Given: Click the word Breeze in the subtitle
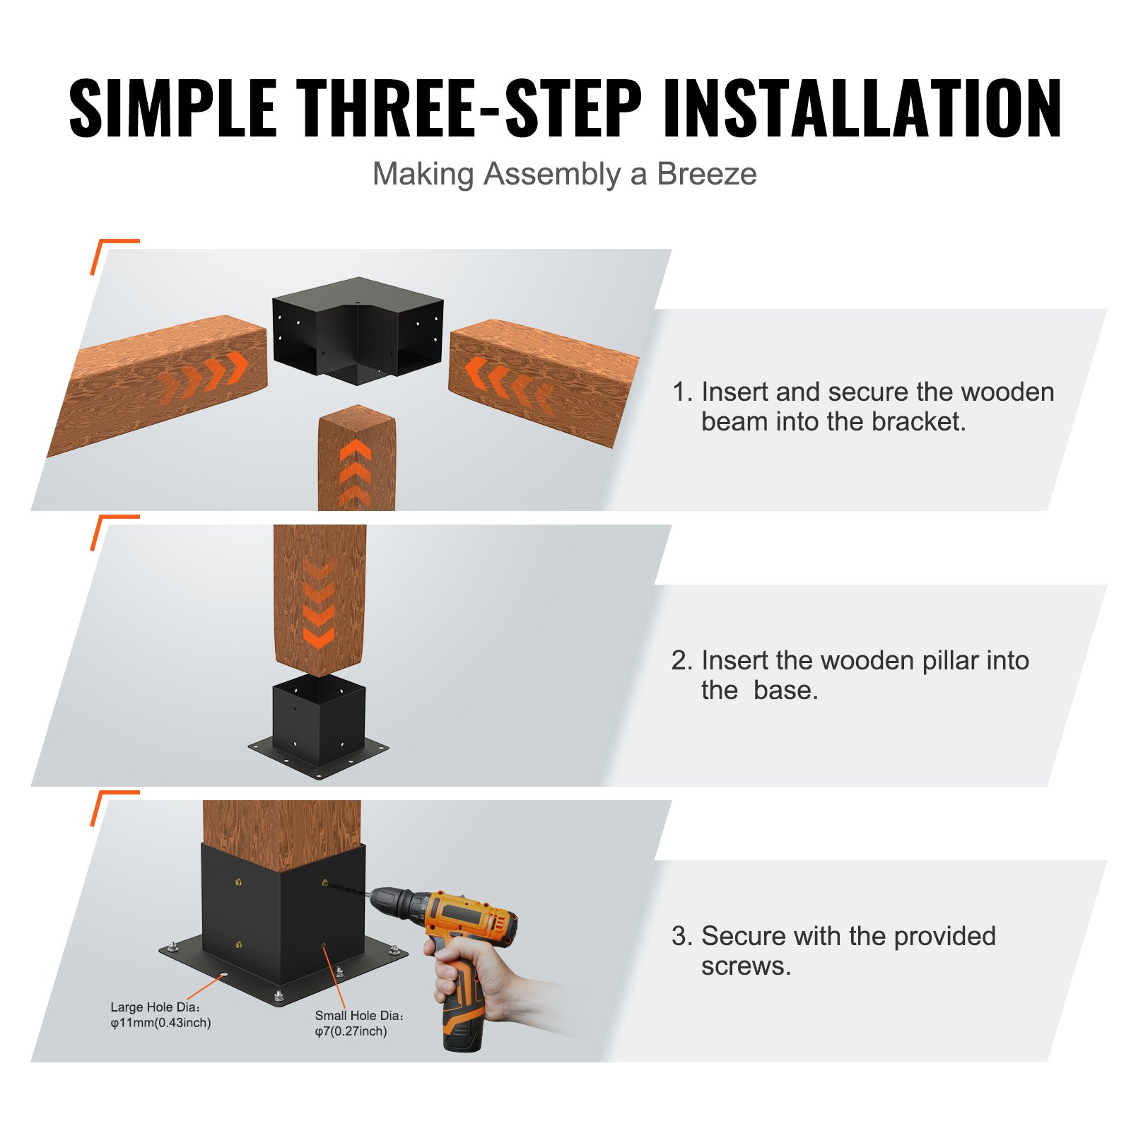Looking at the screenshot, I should click(x=706, y=174).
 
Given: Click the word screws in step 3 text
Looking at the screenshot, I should click(x=745, y=966).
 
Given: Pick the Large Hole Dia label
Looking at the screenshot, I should click(x=156, y=1007).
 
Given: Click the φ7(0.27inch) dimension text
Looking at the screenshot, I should click(x=351, y=1031).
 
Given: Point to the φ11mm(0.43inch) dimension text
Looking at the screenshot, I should click(x=160, y=1023).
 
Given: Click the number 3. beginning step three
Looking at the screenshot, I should click(x=681, y=936).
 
